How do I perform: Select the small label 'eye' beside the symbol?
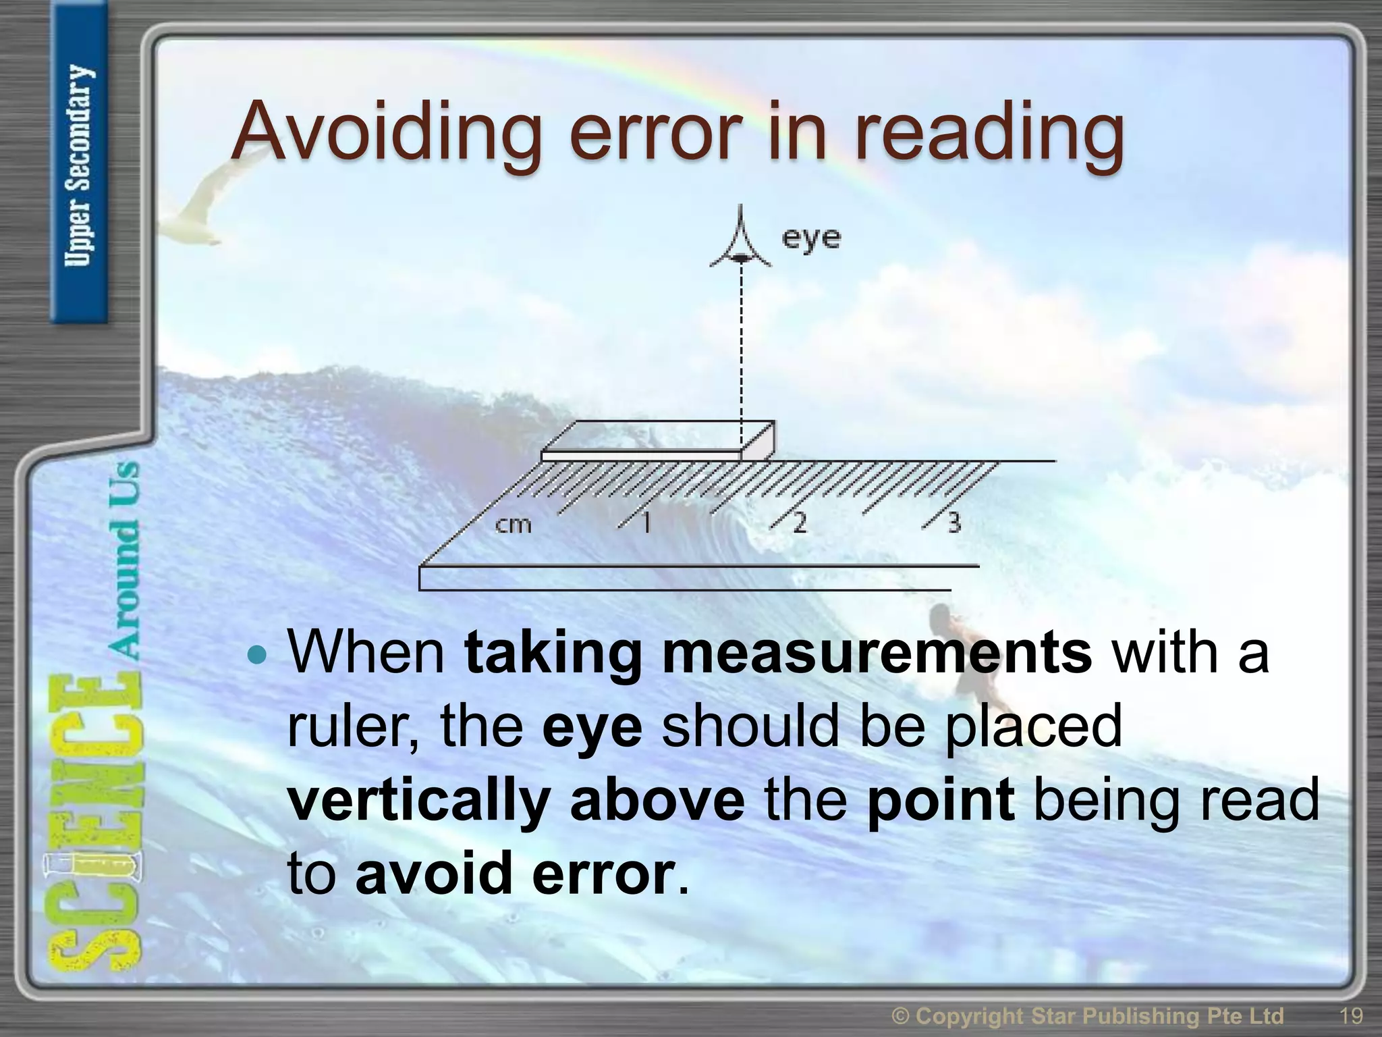point(812,238)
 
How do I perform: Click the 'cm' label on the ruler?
point(514,523)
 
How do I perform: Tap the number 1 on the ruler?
point(646,522)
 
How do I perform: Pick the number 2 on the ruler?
point(799,522)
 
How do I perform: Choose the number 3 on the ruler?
point(953,522)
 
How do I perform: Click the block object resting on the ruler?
point(658,440)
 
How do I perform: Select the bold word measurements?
point(877,652)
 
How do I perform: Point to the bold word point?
point(940,799)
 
